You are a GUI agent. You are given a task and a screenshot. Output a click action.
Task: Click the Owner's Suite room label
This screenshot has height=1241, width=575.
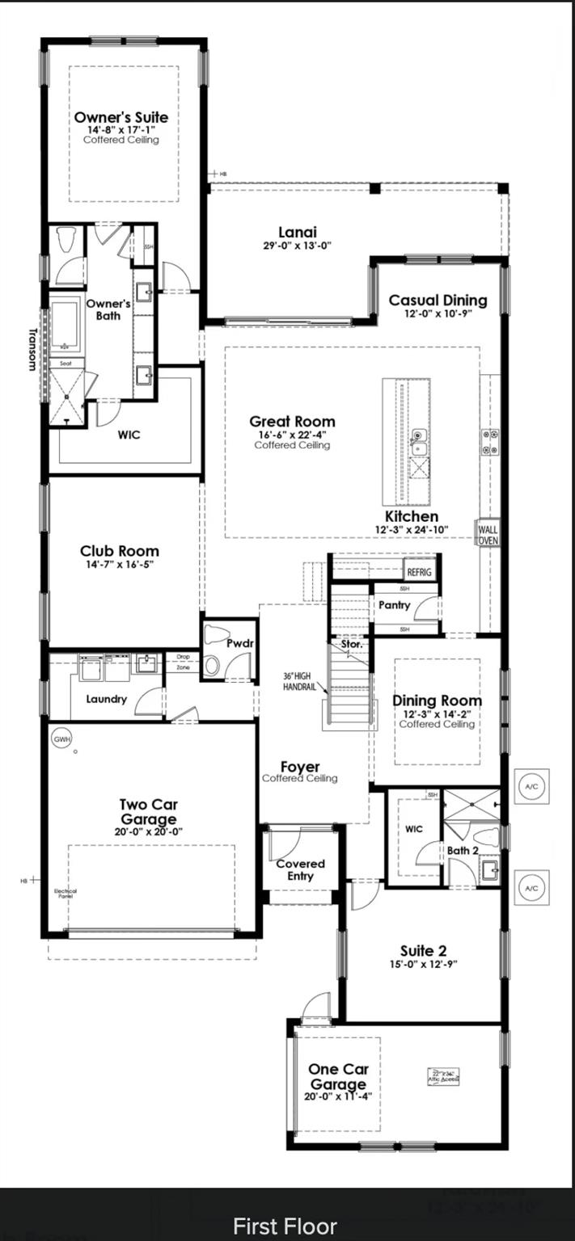tap(121, 117)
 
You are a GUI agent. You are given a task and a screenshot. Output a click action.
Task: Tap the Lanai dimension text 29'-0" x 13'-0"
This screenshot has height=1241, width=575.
tap(298, 246)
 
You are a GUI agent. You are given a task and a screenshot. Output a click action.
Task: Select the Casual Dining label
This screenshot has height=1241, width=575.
tap(438, 301)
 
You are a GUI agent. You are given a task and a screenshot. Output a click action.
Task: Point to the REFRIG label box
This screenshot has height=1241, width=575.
tap(420, 572)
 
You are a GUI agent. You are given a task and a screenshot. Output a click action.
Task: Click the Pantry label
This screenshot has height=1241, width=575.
tap(395, 605)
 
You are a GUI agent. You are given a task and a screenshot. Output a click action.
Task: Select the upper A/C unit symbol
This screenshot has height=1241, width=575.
tap(531, 787)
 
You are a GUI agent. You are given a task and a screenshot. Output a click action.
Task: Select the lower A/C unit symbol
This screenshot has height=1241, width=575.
tap(531, 888)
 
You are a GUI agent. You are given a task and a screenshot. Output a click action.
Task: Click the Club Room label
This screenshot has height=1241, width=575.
tap(119, 552)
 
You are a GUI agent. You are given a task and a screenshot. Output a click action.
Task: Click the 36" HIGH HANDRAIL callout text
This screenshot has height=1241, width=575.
tap(301, 681)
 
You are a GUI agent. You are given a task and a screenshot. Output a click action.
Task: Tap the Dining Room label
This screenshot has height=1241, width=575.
tap(437, 700)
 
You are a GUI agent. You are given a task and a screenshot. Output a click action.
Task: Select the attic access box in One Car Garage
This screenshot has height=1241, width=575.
tap(443, 1077)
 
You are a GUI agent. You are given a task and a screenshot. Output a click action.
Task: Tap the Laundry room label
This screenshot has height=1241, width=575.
tap(106, 699)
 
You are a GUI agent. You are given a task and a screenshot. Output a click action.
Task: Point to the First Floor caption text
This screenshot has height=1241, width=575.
tap(285, 1226)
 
